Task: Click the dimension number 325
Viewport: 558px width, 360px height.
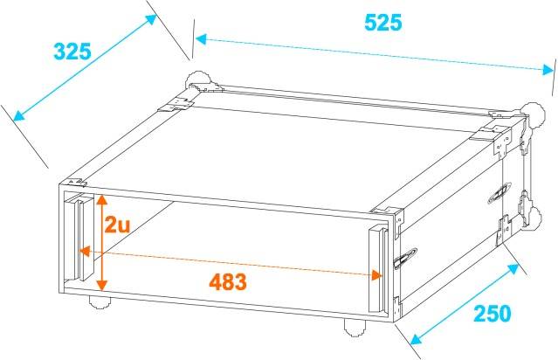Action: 72,51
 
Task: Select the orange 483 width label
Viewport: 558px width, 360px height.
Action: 228,282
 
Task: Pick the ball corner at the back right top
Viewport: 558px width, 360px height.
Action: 527,112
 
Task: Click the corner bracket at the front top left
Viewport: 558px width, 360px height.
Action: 76,183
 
